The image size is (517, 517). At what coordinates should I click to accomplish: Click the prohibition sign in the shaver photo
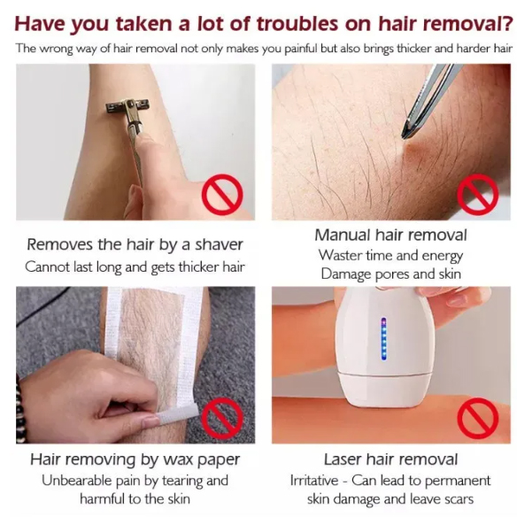[x=222, y=195]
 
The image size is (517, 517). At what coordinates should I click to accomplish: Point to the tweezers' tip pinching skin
[x=405, y=135]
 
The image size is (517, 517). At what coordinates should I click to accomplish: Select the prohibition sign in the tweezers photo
[x=478, y=195]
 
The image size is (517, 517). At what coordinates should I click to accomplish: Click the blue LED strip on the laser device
[x=383, y=339]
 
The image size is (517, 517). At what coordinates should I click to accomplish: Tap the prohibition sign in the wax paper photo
[x=222, y=418]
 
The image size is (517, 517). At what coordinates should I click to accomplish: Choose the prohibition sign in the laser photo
[x=478, y=418]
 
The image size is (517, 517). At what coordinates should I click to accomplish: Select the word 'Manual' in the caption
[x=343, y=235]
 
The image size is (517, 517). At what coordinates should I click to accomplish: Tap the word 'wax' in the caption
[x=178, y=459]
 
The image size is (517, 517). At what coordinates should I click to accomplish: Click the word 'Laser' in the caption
[x=343, y=459]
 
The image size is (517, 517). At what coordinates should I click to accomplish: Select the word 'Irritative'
[x=314, y=481]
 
